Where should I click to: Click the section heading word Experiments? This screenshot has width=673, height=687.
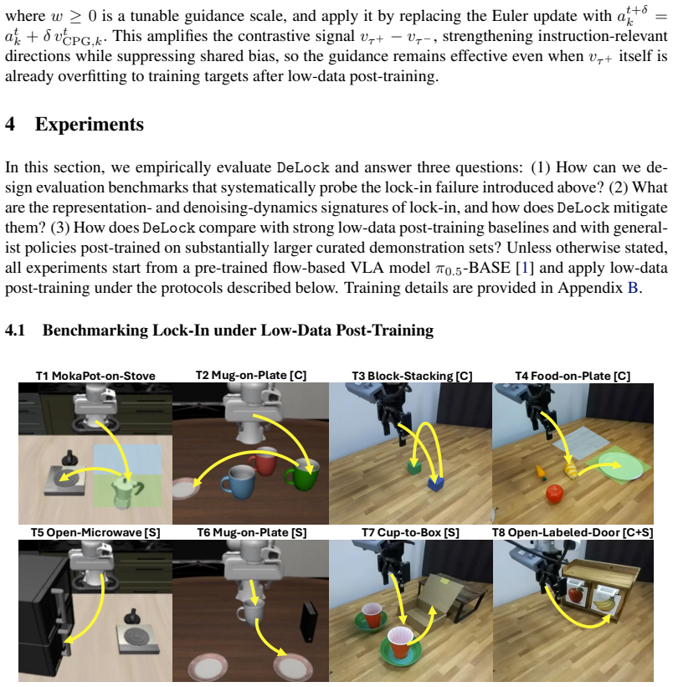point(90,125)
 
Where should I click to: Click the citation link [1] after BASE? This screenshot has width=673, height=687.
point(525,268)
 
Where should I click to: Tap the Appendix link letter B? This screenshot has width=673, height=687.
point(633,288)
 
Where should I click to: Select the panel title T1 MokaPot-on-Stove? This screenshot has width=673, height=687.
point(95,376)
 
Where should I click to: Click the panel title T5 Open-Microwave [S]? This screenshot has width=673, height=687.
point(95,533)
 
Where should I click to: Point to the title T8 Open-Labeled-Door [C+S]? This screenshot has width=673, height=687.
point(573,533)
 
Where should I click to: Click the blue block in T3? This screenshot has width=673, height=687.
point(436,484)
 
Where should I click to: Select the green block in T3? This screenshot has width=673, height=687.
point(414,467)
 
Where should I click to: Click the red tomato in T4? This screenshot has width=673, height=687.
point(555,494)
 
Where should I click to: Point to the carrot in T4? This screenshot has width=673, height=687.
point(541,473)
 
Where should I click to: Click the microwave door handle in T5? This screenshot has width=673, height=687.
point(58,606)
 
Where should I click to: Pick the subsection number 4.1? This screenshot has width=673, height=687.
point(15,330)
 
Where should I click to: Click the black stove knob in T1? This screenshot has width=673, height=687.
point(70,458)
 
